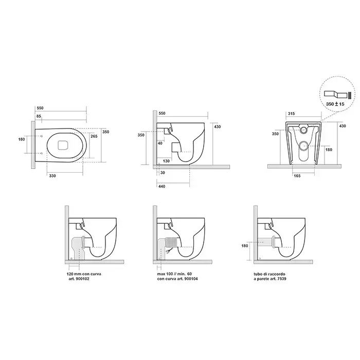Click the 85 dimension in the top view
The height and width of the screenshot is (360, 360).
click(39, 116)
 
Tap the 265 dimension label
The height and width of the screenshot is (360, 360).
click(94, 136)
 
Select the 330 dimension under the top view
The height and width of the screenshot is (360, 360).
click(52, 176)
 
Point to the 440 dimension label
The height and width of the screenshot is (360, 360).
click(162, 186)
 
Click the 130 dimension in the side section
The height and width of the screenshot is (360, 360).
click(166, 161)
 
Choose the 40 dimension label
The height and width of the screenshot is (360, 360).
click(160, 143)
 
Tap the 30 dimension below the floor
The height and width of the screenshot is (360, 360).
click(163, 173)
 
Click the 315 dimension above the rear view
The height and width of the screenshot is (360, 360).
click(292, 114)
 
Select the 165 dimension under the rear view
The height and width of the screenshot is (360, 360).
click(297, 176)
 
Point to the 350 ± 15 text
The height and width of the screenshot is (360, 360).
click(335, 104)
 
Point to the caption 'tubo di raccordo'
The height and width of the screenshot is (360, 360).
click(269, 274)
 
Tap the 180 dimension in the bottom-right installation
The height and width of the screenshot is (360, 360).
click(245, 246)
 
